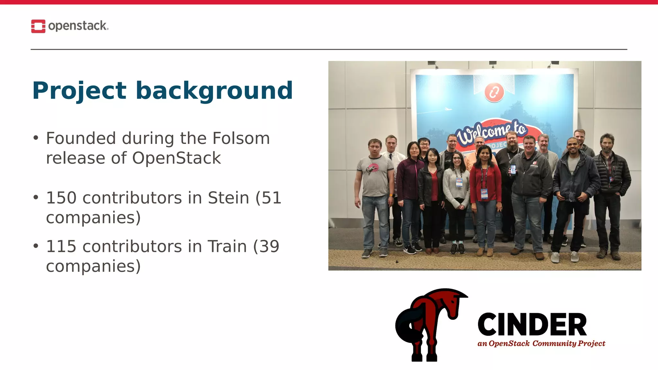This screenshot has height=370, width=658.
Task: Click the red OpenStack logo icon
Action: click(38, 26)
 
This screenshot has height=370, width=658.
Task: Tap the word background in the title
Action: click(214, 91)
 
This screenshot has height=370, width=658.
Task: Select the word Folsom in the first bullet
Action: click(241, 138)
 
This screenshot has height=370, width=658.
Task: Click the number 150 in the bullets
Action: click(61, 198)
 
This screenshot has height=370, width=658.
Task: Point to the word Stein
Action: click(228, 198)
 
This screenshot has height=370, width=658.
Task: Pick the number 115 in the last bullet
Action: click(61, 247)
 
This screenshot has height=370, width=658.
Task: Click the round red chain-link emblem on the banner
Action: click(494, 92)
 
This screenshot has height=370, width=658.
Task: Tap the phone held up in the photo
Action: click(513, 169)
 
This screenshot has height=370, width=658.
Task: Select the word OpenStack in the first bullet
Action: click(176, 158)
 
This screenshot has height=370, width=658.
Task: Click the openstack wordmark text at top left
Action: click(78, 26)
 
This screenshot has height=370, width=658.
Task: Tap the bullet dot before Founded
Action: click(36, 138)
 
